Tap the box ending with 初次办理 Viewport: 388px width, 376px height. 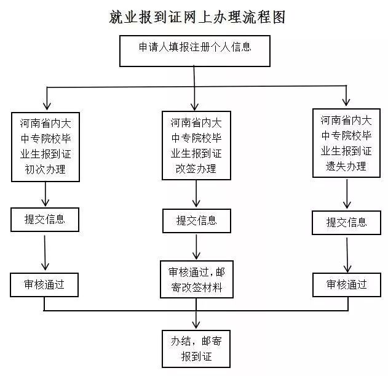(x=46, y=146)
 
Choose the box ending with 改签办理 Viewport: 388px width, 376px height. (x=197, y=145)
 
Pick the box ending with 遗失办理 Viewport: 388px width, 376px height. (x=346, y=143)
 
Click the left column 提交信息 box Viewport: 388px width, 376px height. (x=45, y=219)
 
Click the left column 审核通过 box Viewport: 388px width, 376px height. (x=45, y=284)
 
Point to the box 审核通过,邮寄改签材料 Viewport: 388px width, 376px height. (x=196, y=280)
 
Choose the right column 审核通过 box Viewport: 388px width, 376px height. (x=346, y=284)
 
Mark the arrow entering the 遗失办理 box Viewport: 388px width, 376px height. (x=346, y=97)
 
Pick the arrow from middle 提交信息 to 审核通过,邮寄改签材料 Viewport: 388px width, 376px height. (x=197, y=246)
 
